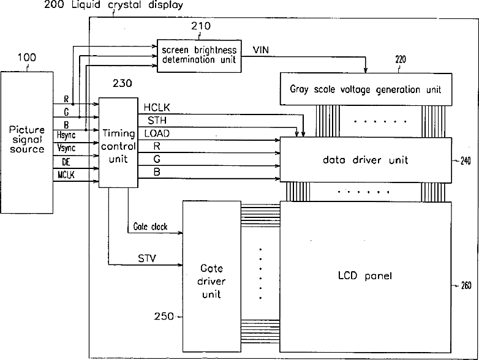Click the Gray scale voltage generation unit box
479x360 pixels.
click(x=366, y=89)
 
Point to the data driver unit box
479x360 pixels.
click(x=366, y=160)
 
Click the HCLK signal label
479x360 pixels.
click(x=157, y=107)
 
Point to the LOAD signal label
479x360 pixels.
click(x=157, y=133)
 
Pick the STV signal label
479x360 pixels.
click(x=146, y=258)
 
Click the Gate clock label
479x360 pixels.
click(x=150, y=227)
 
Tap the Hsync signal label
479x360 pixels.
click(x=66, y=135)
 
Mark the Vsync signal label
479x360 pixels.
click(x=66, y=148)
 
